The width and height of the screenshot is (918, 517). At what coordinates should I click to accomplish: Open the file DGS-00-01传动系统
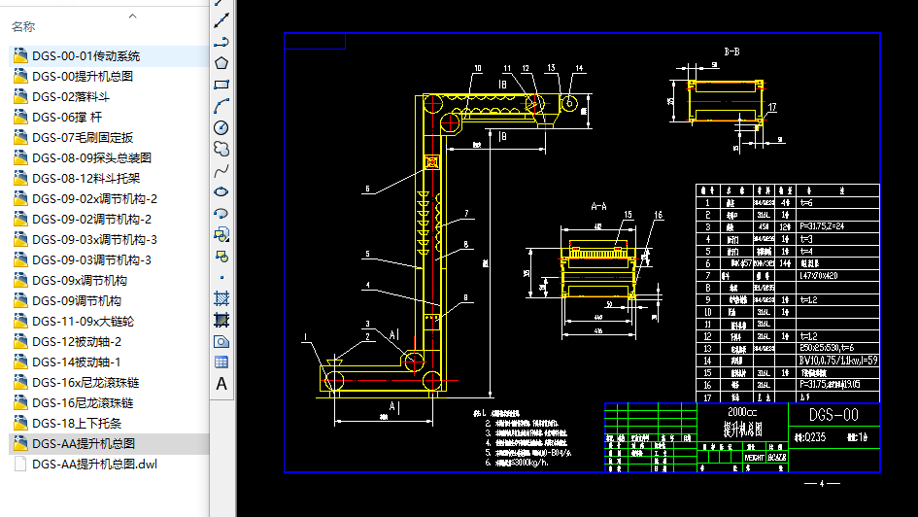tap(85, 55)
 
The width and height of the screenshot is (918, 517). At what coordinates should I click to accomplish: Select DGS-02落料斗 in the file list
tap(71, 96)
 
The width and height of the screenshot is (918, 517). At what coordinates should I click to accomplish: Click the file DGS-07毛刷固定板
tap(82, 137)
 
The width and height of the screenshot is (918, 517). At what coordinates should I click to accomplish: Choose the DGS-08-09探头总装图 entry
tap(91, 157)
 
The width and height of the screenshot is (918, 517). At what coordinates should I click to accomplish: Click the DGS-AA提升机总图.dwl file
tap(94, 464)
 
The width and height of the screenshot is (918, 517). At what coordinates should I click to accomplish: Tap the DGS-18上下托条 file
tap(77, 423)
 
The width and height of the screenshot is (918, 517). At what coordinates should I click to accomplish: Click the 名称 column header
tap(23, 26)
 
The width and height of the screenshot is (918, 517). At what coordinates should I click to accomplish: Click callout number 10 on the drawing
tap(478, 68)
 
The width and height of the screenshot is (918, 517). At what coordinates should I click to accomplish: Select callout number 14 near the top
tap(579, 68)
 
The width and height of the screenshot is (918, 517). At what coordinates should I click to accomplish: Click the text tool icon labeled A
tap(221, 384)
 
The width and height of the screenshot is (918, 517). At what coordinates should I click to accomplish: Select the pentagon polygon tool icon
tap(221, 63)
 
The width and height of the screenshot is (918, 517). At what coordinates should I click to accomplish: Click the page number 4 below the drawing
tap(822, 483)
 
